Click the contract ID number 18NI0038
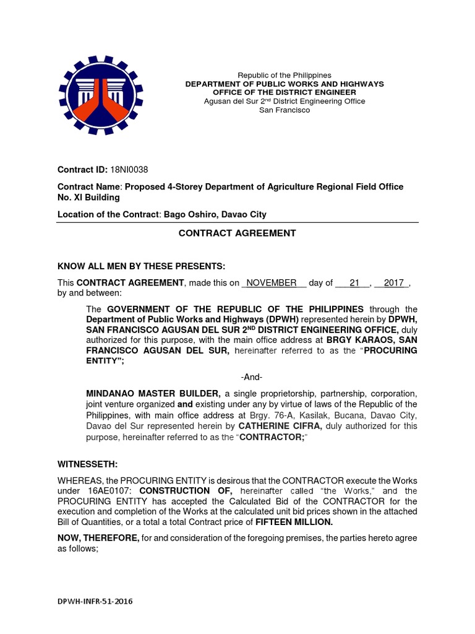pyautogui.click(x=129, y=170)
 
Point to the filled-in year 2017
pyautogui.click(x=393, y=283)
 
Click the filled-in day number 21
pyautogui.click(x=354, y=283)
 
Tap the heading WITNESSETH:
pyautogui.click(x=83, y=464)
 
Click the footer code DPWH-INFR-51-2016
pyautogui.click(x=95, y=601)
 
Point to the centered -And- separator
pyautogui.click(x=252, y=377)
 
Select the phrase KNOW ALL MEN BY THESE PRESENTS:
pyautogui.click(x=142, y=267)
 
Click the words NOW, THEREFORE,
pyautogui.click(x=98, y=539)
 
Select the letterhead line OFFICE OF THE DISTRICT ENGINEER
pyautogui.click(x=285, y=92)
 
